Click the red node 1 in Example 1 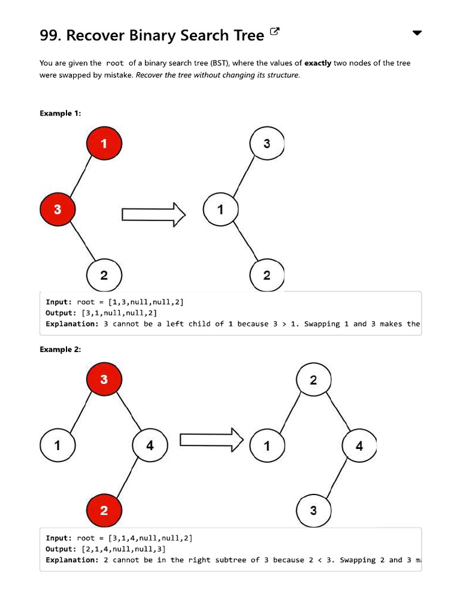104,144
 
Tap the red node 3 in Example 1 57,210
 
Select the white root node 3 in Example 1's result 266,144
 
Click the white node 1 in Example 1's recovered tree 220,210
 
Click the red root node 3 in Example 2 104,380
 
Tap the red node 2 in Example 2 104,511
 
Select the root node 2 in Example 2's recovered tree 313,380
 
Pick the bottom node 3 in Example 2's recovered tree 313,511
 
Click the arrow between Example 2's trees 211,440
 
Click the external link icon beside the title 275,32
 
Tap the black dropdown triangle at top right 417,33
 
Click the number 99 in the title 50,35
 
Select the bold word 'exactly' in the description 317,63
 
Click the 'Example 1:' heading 60,113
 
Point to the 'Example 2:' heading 60,350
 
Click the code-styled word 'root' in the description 115,63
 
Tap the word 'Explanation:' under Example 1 72,324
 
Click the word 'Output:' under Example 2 61,549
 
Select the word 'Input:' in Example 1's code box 59,302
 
